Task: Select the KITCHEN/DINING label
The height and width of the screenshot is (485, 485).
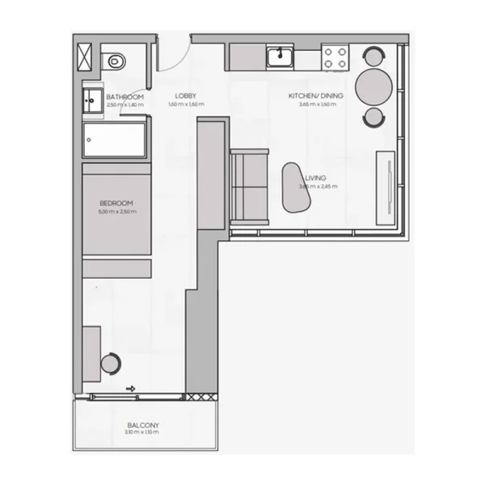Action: pos(321,96)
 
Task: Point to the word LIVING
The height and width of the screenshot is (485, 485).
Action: pos(316,179)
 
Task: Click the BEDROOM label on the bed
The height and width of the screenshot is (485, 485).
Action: pos(116,203)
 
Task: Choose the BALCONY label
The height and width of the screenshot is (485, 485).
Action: pos(142,425)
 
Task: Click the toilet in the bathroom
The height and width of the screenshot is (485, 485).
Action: pos(116,60)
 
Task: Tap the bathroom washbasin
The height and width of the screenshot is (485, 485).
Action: pos(89,102)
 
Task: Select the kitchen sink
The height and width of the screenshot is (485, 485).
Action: pos(280,56)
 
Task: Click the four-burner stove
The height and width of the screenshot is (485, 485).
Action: pos(335,57)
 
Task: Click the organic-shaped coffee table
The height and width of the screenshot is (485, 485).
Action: pos(293,188)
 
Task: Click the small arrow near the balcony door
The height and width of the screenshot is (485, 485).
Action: pos(129,389)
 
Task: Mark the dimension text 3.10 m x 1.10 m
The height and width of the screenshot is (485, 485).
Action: pos(142,434)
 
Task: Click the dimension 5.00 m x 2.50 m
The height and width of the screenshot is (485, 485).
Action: pos(116,212)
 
